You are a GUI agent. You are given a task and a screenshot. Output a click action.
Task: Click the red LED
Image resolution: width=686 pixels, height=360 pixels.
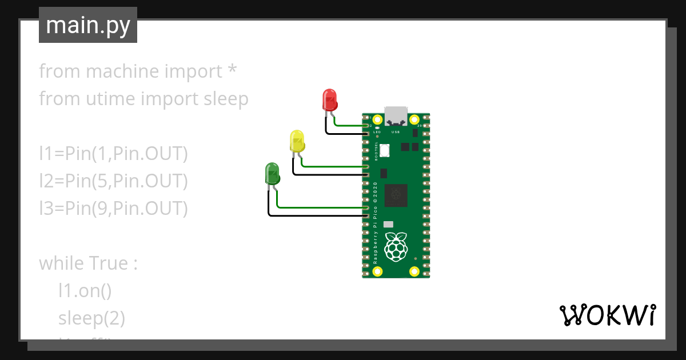(x=330, y=99)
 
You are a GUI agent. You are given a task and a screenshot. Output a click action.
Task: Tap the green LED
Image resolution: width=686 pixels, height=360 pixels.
(x=272, y=173)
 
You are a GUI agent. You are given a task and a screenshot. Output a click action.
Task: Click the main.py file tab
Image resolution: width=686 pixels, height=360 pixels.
(x=88, y=25)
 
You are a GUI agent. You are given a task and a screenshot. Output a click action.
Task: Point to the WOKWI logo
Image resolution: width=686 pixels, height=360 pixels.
(x=607, y=315)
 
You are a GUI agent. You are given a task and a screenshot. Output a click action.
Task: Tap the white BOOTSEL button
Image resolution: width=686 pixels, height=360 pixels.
(x=385, y=150)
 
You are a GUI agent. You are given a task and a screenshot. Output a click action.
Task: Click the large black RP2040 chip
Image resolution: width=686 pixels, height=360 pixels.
(x=396, y=195)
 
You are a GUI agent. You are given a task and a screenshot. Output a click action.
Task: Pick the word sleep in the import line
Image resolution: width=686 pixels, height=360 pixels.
(x=226, y=99)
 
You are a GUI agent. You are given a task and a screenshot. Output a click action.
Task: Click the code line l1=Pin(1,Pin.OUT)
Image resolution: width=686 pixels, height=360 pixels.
(x=113, y=154)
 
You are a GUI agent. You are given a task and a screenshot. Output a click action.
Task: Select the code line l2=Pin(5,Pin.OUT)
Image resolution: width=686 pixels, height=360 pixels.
(x=113, y=181)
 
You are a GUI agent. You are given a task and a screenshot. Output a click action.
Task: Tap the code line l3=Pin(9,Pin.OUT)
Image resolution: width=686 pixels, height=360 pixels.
(x=113, y=209)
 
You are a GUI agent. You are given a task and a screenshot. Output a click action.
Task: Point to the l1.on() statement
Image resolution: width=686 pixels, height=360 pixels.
(x=85, y=291)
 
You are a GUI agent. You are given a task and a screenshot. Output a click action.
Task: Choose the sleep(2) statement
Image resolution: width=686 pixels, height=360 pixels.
(x=91, y=318)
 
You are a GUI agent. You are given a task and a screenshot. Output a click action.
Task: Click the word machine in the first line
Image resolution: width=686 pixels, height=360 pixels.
(x=123, y=71)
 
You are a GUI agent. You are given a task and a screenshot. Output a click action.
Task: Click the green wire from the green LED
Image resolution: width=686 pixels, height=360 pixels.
(x=320, y=207)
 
